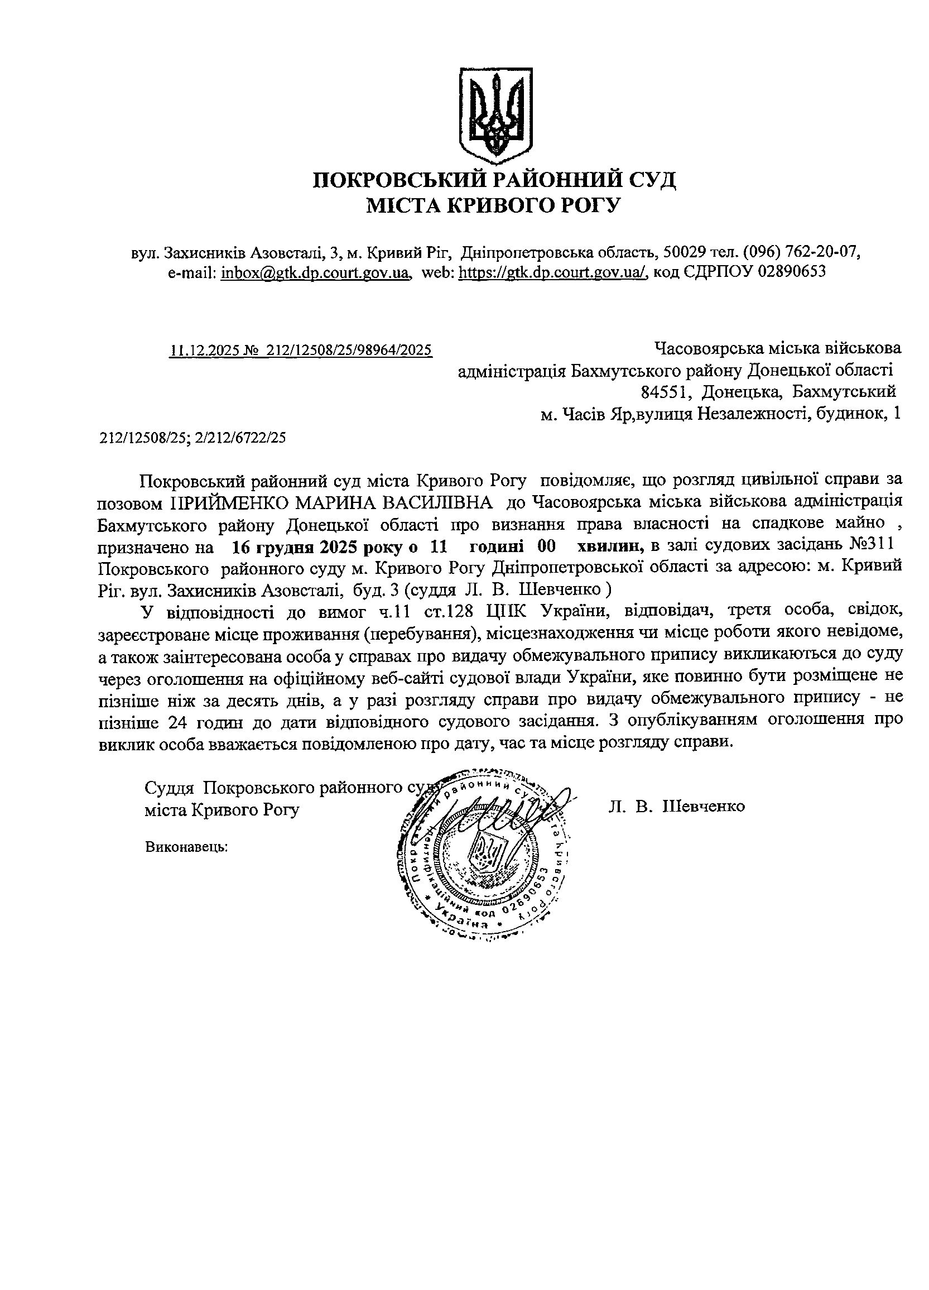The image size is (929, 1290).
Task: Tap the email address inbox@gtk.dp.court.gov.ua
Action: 316,272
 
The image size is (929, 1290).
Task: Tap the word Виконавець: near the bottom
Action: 186,846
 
